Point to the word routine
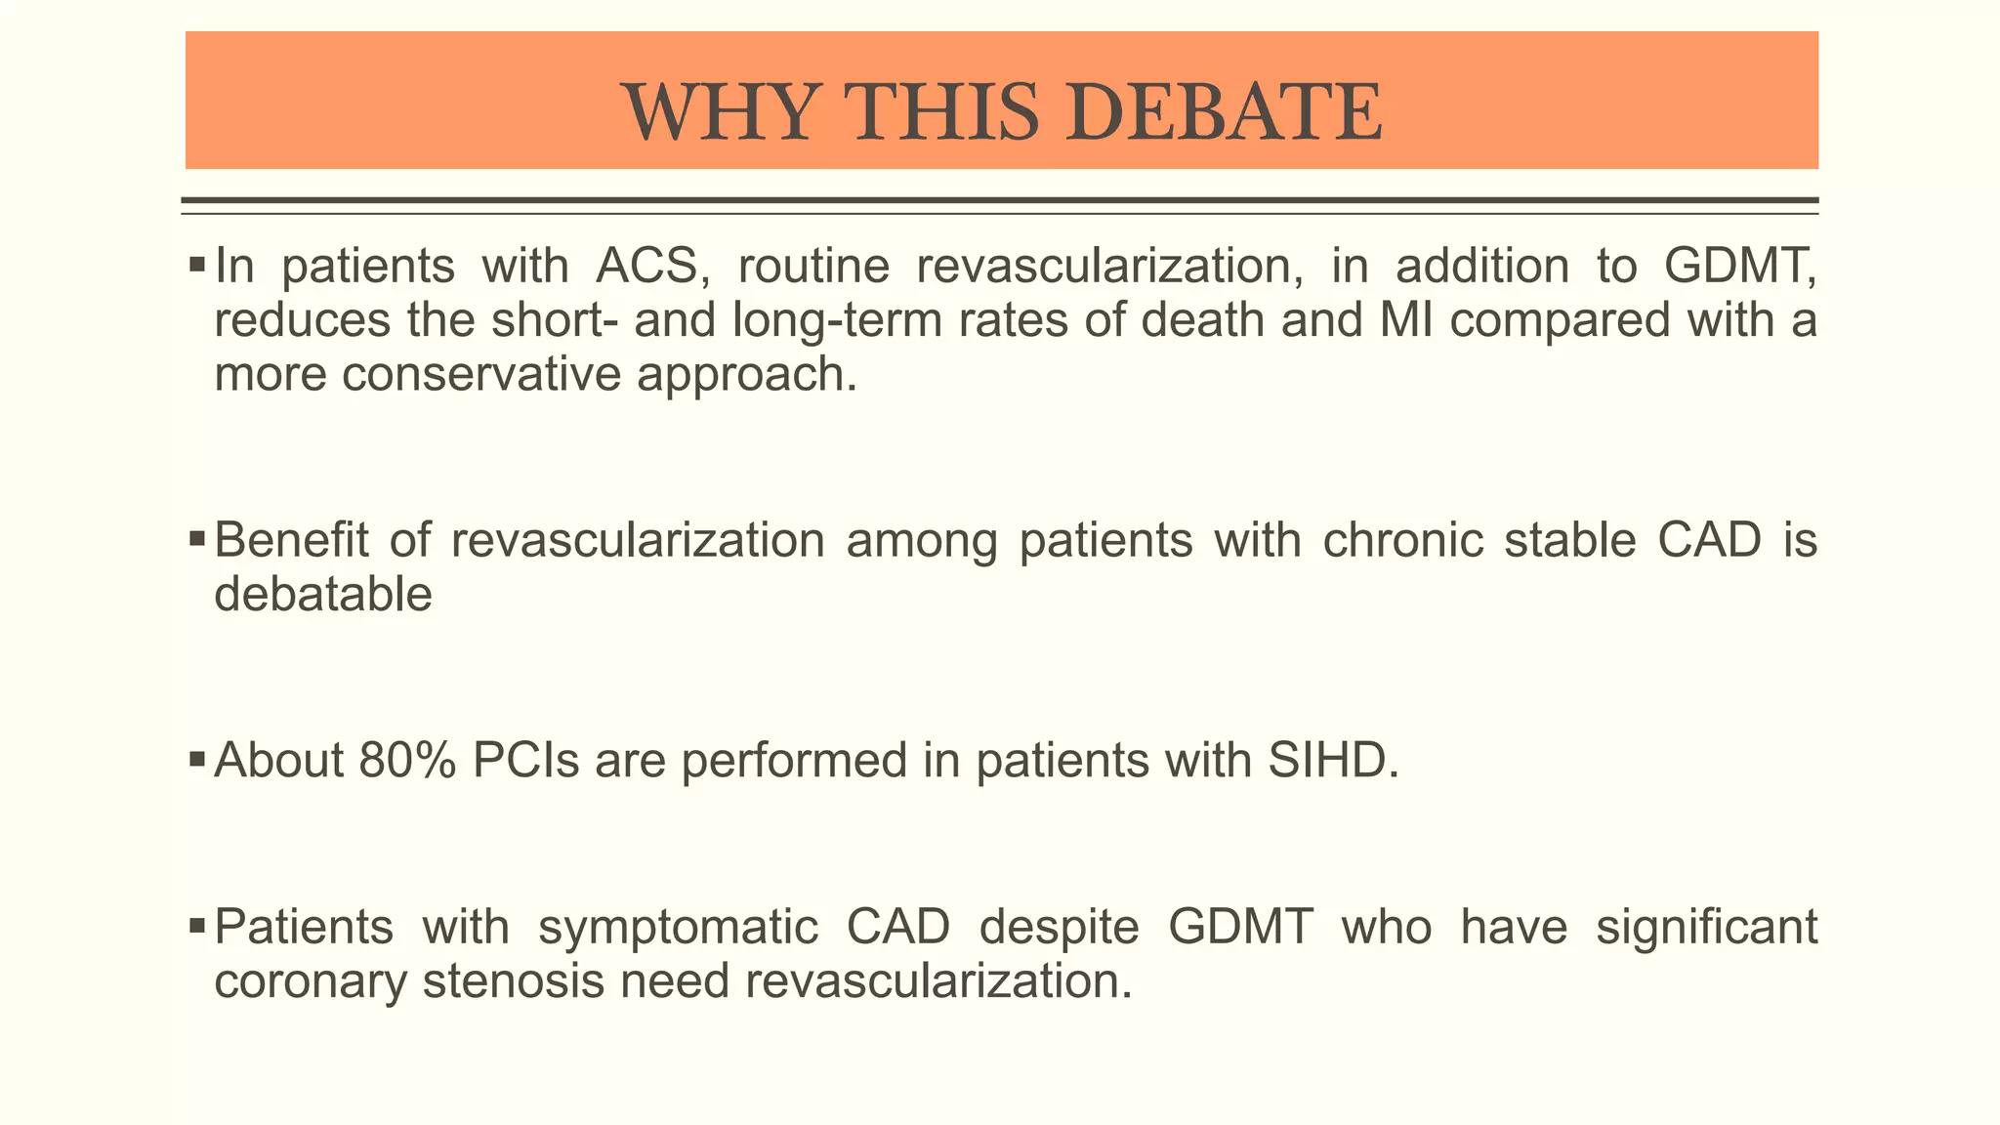[x=813, y=267]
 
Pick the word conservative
[x=481, y=374]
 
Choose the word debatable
[x=323, y=594]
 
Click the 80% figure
[x=407, y=761]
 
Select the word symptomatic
[x=678, y=927]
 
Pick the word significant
[x=1706, y=927]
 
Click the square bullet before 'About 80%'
[x=196, y=758]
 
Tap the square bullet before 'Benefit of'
[x=196, y=537]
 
